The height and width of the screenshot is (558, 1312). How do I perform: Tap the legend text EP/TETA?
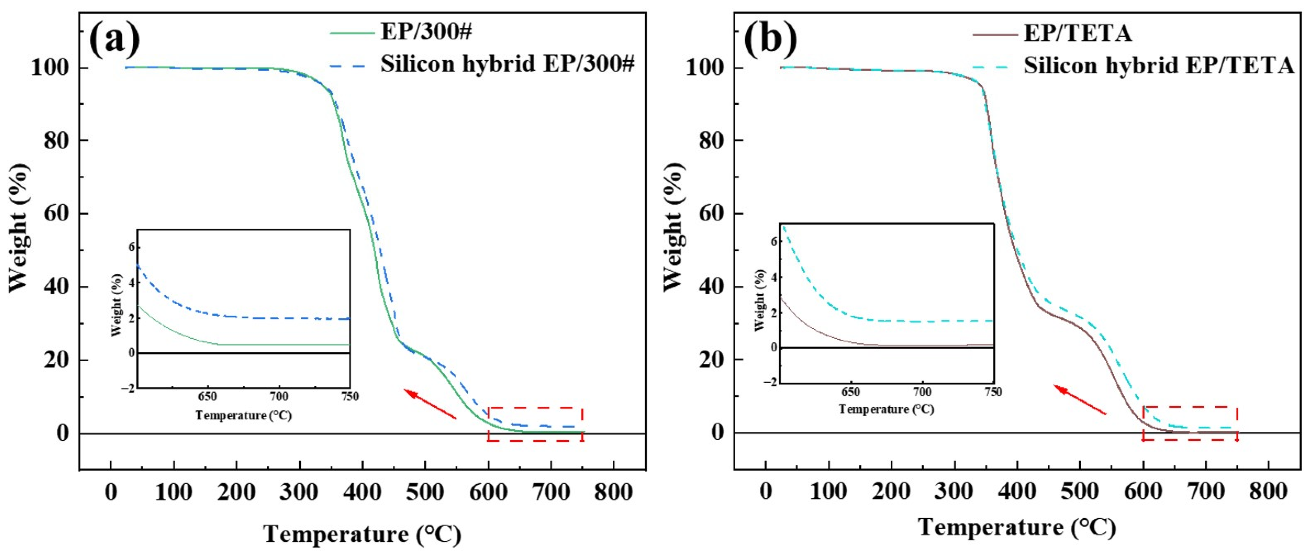click(1077, 33)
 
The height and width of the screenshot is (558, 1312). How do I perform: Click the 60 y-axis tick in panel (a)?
click(56, 213)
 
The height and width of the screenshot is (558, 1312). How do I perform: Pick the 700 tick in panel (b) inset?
click(922, 392)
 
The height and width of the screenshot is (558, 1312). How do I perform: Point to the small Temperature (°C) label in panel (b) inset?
click(886, 409)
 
